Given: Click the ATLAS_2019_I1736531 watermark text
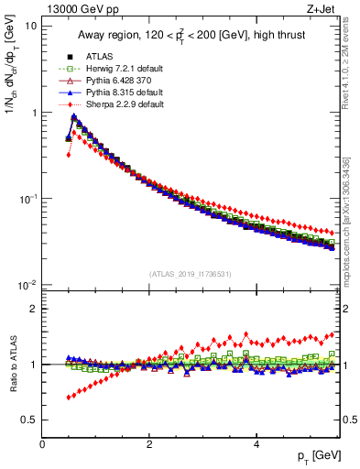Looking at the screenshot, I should coord(190,274).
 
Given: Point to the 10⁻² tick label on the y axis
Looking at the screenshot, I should coord(27,286).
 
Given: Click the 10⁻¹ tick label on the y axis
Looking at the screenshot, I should coord(27,200).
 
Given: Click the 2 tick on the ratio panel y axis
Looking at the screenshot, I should coord(35,309).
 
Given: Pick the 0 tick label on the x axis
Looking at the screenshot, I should coord(42,444).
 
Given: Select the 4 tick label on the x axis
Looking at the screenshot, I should coord(256,444).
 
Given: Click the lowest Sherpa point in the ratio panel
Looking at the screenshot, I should coord(68,398).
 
